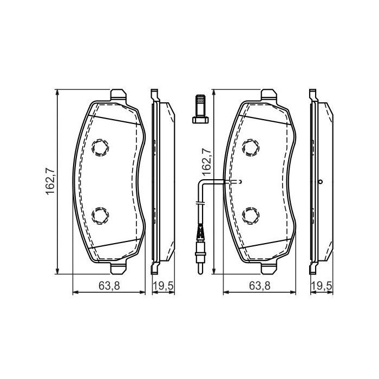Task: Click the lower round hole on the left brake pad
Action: pyautogui.click(x=101, y=215)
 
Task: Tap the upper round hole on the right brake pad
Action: pyautogui.click(x=251, y=146)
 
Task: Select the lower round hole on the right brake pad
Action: pyautogui.click(x=251, y=215)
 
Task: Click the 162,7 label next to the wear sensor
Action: pyautogui.click(x=206, y=160)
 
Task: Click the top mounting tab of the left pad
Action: pyautogui.click(x=118, y=95)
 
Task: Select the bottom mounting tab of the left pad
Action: pyautogui.click(x=118, y=268)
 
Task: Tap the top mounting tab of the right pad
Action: pyautogui.click(x=269, y=95)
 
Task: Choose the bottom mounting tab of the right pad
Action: pyautogui.click(x=269, y=268)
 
